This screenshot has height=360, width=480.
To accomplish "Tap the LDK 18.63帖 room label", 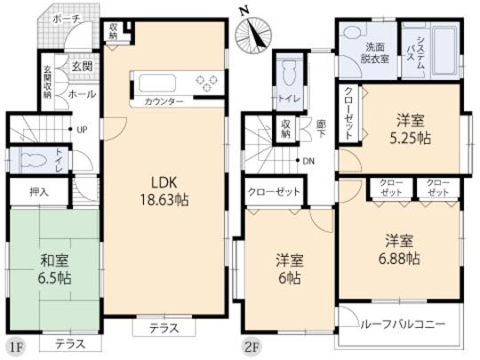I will (x=163, y=189).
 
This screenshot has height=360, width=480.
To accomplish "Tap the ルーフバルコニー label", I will (x=404, y=324).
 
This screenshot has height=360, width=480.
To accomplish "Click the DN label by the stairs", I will (x=308, y=161).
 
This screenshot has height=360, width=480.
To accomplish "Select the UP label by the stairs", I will (x=82, y=130).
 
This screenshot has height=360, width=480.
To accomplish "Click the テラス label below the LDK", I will (x=164, y=328).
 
